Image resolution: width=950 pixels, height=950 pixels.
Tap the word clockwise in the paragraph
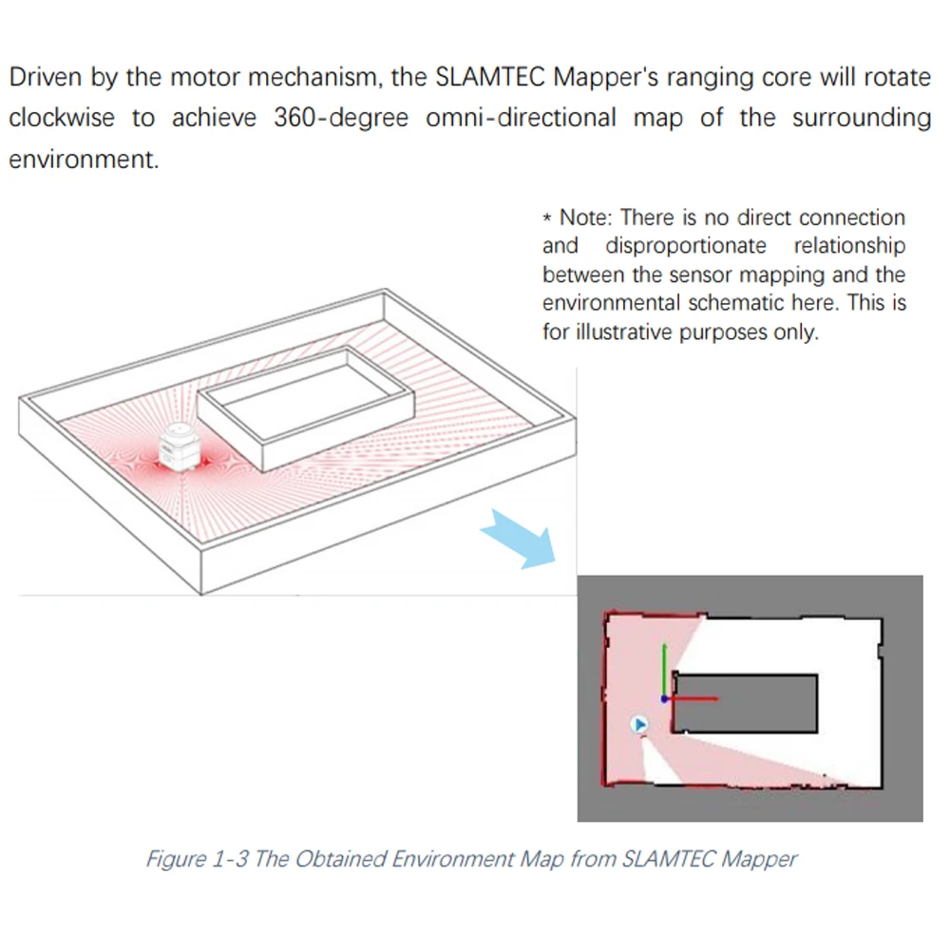click(x=62, y=118)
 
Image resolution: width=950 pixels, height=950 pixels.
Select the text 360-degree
click(x=341, y=118)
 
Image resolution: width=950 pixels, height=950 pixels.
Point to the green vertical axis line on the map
click(x=664, y=670)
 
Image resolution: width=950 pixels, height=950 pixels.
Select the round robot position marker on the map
click(x=640, y=725)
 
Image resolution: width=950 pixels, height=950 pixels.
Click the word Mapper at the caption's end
click(x=759, y=859)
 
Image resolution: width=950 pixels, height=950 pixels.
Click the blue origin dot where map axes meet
click(x=664, y=699)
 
